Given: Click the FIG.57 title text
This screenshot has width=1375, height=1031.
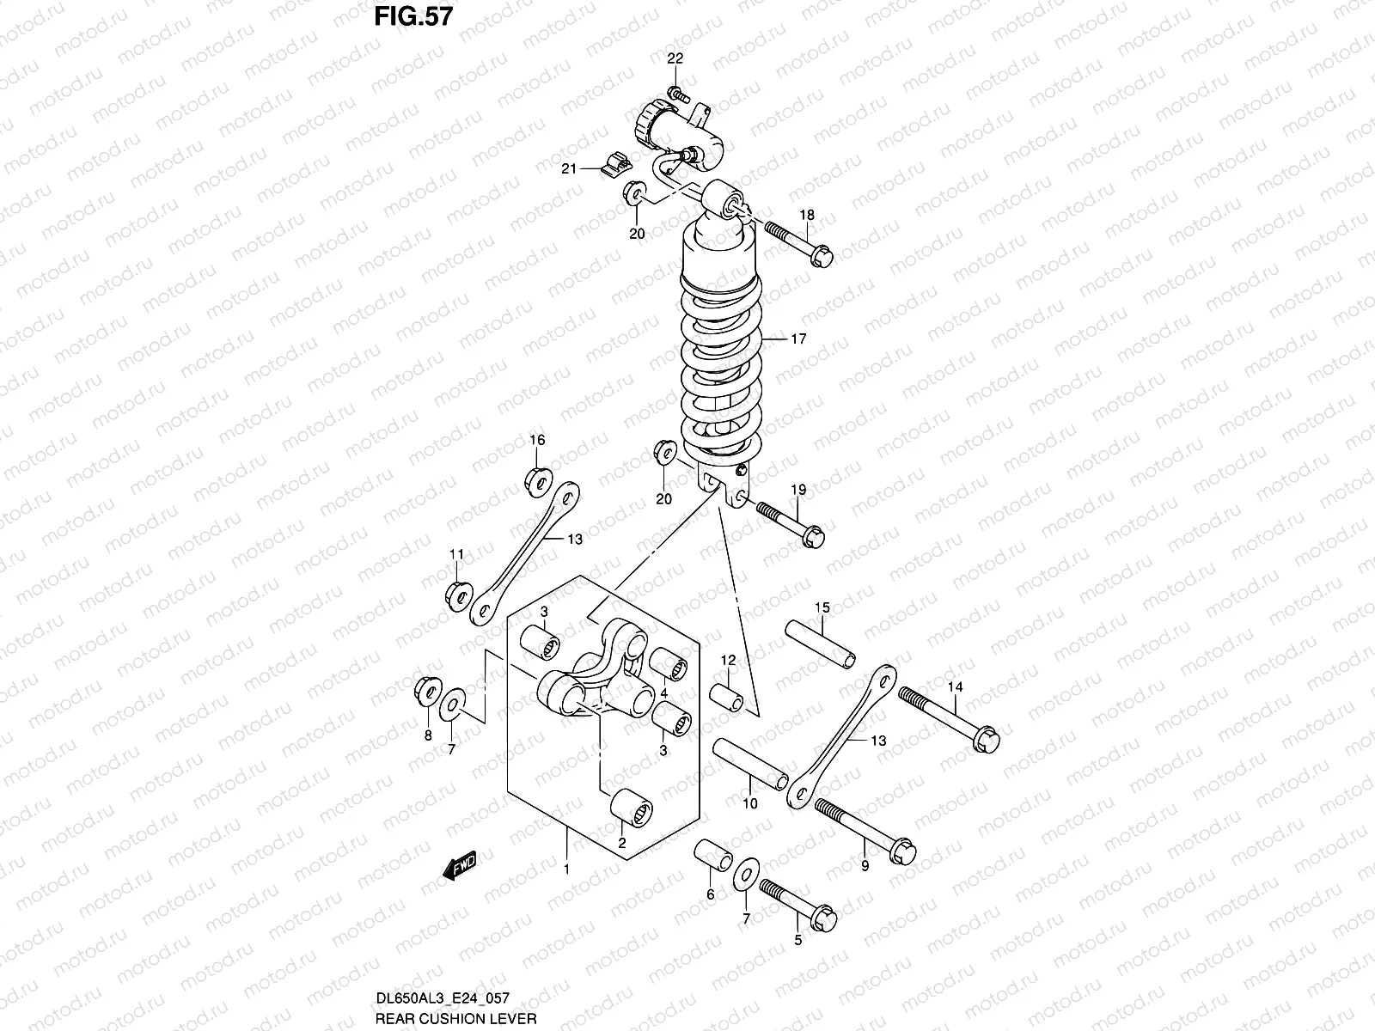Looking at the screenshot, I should click(412, 16).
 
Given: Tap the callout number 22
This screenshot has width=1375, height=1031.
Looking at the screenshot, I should click(675, 58).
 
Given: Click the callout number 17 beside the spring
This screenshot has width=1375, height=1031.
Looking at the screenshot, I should click(798, 339).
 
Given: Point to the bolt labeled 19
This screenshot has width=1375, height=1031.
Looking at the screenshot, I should click(790, 522).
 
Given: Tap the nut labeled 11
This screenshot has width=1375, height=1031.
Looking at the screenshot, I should click(459, 592).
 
